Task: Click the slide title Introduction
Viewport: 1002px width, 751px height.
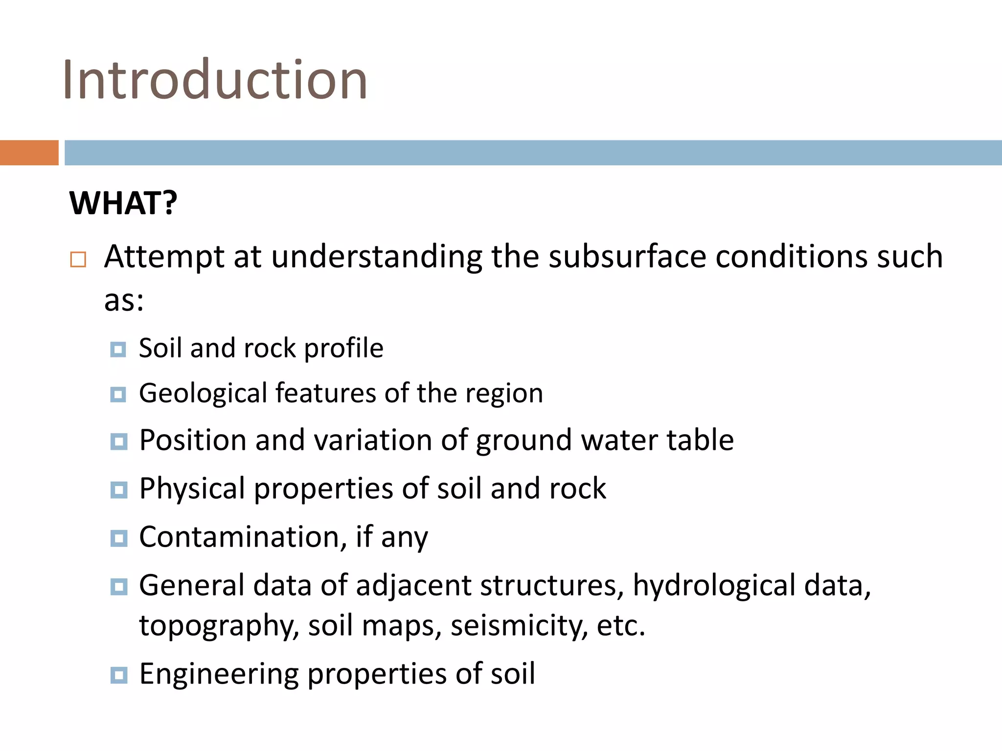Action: [215, 80]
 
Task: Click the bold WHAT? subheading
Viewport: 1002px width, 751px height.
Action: [123, 203]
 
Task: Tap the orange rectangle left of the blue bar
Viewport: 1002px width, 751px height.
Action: [29, 153]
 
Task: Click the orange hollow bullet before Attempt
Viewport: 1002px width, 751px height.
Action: [78, 259]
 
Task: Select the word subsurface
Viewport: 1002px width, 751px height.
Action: [627, 256]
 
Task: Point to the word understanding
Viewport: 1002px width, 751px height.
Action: [377, 257]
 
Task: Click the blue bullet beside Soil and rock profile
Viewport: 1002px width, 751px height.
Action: [118, 350]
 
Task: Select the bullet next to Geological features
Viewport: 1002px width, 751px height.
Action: [118, 394]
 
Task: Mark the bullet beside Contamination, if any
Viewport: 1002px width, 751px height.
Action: [118, 538]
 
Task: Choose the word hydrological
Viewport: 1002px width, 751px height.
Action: [714, 585]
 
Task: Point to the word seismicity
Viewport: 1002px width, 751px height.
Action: [519, 626]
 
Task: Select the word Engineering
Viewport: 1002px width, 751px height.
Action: [219, 674]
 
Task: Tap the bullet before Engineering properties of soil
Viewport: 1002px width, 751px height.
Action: [118, 675]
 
